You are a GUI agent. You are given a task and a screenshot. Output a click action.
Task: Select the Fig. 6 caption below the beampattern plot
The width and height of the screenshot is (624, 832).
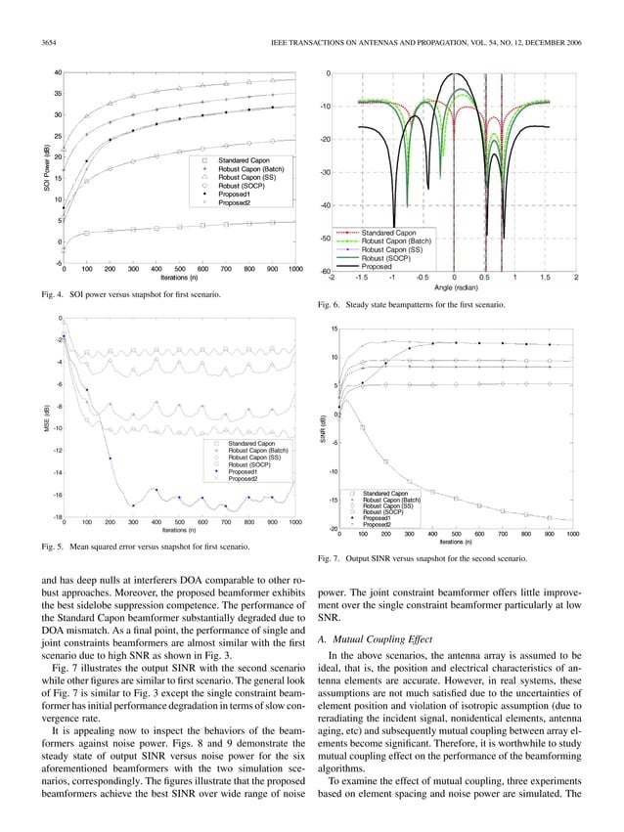(x=412, y=306)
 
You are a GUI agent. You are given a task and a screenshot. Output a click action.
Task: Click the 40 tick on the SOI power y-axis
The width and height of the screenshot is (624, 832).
(x=58, y=72)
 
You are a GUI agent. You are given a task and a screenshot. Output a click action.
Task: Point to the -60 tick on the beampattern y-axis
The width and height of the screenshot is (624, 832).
(x=325, y=271)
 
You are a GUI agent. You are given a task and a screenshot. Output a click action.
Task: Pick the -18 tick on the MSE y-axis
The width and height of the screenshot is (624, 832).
(x=57, y=516)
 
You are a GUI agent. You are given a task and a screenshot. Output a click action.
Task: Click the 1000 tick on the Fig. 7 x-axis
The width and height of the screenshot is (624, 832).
(x=572, y=535)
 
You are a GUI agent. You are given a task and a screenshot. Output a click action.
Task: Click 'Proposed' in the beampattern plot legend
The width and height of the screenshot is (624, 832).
(x=377, y=266)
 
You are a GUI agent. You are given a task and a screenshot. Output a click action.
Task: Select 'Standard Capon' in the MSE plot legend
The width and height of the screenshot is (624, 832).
(x=251, y=444)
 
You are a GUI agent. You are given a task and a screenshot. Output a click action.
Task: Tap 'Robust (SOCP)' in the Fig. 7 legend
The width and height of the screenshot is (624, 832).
(x=384, y=511)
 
